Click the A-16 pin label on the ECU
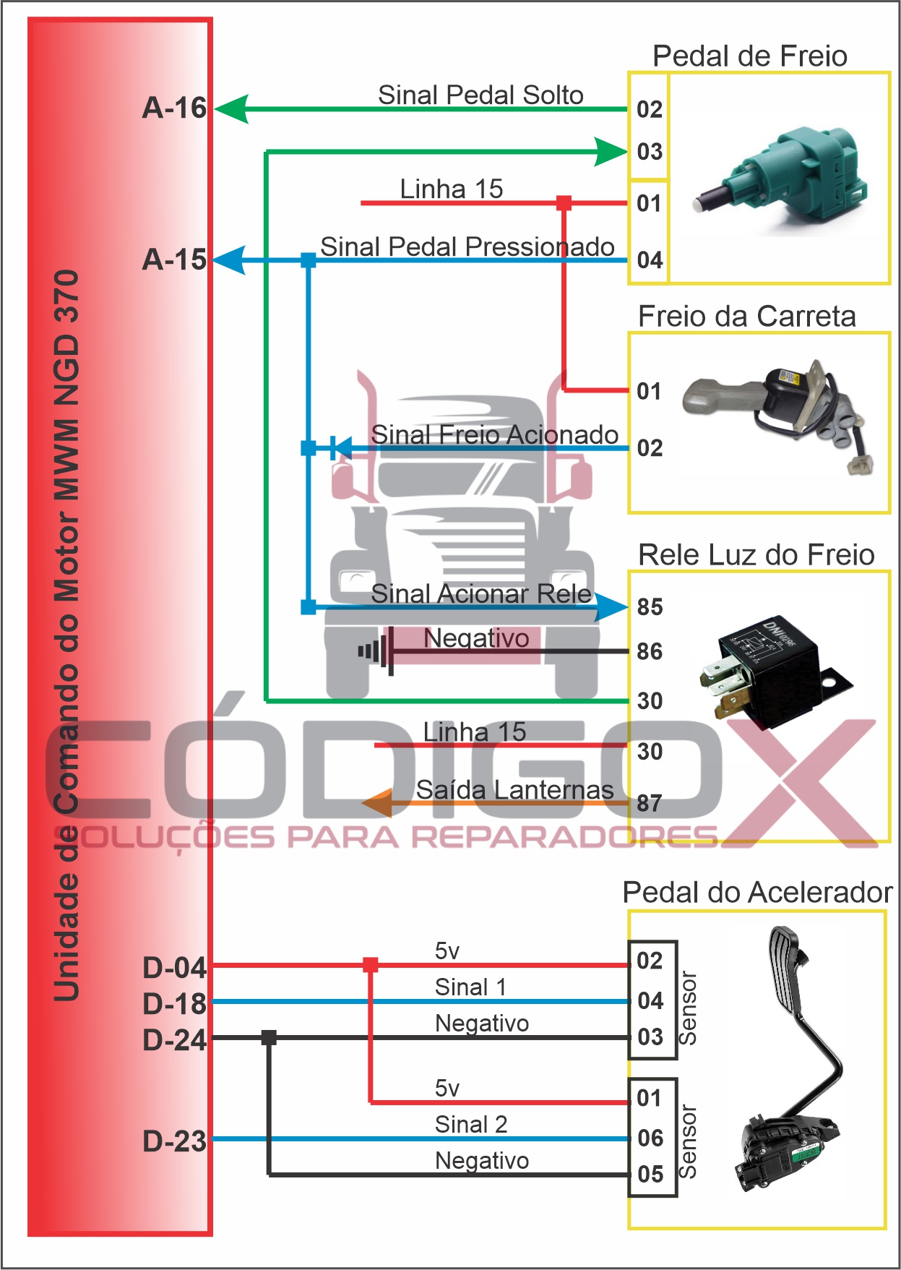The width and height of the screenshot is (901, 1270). click(174, 108)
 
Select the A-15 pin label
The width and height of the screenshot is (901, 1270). click(174, 260)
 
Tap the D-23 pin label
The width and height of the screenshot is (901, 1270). click(174, 1141)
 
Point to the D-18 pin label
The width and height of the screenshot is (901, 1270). click(174, 1004)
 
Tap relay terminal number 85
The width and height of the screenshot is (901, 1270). click(650, 607)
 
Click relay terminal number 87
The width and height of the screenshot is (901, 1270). click(650, 803)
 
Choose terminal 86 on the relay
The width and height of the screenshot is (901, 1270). click(650, 652)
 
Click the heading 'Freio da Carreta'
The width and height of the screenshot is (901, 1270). click(746, 317)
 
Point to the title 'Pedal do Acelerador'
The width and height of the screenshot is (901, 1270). click(757, 893)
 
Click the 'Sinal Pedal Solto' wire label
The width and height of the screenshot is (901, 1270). click(480, 95)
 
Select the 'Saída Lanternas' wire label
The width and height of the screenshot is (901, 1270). click(514, 790)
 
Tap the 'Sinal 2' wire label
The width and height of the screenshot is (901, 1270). click(471, 1125)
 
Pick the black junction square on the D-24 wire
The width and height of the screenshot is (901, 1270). click(269, 1038)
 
